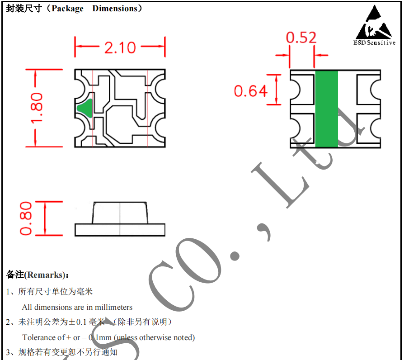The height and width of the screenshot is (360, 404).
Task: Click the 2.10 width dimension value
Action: point(120,47)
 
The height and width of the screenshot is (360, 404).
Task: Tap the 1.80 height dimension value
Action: point(36,108)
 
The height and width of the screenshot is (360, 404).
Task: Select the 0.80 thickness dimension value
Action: point(26,218)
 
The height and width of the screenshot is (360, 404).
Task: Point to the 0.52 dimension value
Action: point(301,38)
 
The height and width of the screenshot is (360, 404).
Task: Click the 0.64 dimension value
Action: point(251,91)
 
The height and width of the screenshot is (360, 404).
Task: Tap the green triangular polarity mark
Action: point(85,108)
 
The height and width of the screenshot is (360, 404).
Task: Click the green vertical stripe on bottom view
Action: point(326,109)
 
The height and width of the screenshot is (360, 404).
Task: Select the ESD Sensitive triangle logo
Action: point(374,22)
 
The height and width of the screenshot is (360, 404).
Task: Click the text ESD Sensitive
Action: point(374,43)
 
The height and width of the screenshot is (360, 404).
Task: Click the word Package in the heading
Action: point(67,9)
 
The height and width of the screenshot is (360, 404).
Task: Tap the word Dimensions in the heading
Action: point(115,8)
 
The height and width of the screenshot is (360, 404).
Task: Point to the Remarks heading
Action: point(38,275)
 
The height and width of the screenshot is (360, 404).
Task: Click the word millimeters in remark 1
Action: point(113,307)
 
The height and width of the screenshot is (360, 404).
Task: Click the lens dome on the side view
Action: point(120,213)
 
